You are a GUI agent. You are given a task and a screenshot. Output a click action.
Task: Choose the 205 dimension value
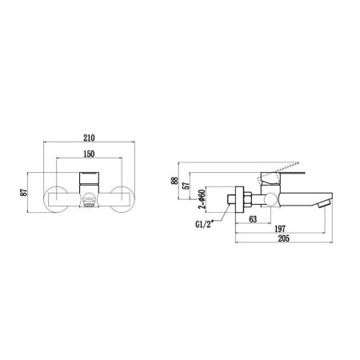pyautogui.click(x=280, y=240)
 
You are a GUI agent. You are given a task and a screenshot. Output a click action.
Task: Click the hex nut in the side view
pyautogui.click(x=246, y=198)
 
